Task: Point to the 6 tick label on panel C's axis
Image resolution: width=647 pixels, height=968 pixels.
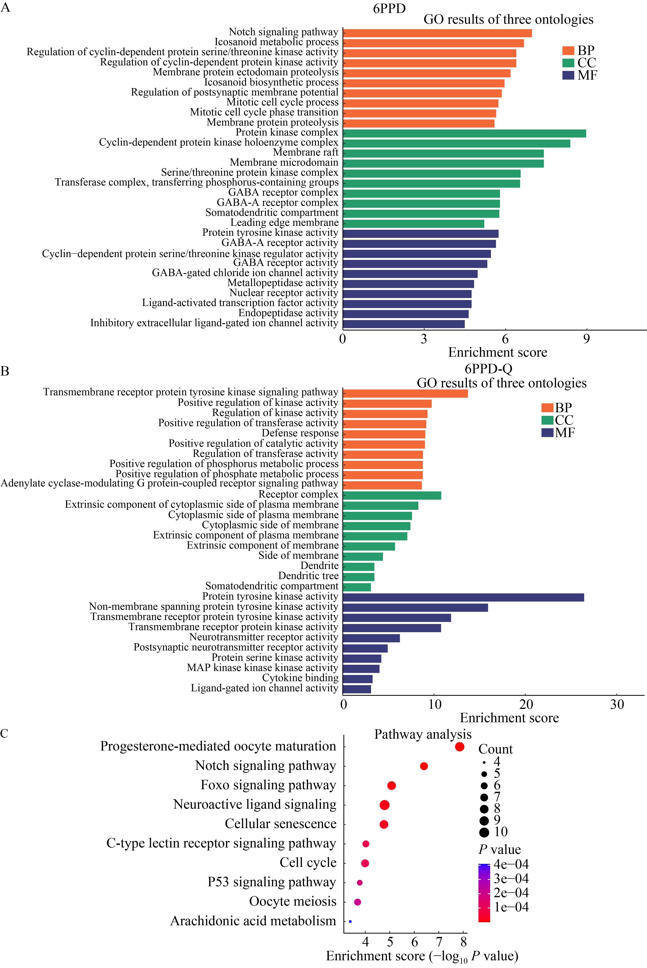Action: (x=415, y=942)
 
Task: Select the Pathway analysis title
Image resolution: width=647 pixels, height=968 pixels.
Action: (x=422, y=734)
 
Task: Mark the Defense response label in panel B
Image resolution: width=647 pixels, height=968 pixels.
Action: (x=300, y=433)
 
